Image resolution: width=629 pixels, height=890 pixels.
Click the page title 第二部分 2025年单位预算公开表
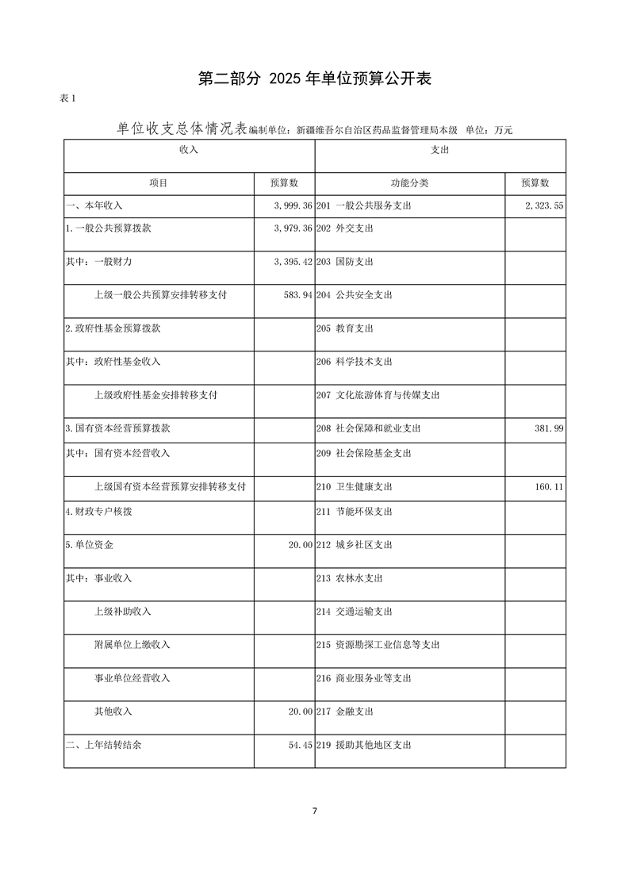314,78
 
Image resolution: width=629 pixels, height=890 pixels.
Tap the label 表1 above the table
67,98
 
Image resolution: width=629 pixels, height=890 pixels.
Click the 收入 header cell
189,149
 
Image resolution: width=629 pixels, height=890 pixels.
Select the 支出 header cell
440,149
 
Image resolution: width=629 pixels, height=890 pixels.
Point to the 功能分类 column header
409,183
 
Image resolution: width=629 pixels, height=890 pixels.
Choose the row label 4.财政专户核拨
99,512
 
